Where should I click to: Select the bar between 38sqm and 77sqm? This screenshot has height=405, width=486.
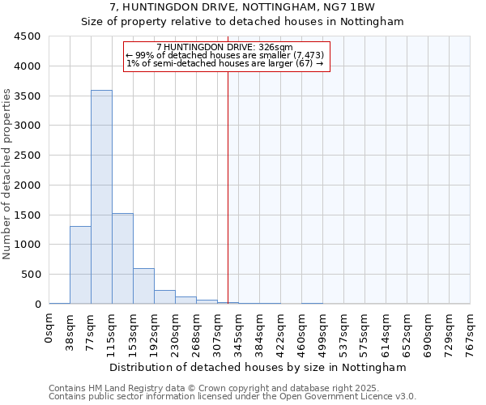click(80, 265)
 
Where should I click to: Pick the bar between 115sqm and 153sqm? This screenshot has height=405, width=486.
click(122, 258)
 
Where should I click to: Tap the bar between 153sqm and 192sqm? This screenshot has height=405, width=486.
click(143, 286)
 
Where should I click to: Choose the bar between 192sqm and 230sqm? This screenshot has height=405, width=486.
click(164, 296)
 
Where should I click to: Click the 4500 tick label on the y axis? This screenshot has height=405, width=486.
click(28, 36)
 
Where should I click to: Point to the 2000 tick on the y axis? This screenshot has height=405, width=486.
click(28, 185)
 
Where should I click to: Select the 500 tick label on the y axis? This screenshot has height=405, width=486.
click(31, 275)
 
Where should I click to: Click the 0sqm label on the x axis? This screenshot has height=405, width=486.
click(49, 331)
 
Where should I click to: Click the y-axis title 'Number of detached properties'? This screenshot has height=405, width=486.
click(8, 175)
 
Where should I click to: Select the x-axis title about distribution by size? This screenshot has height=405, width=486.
click(259, 367)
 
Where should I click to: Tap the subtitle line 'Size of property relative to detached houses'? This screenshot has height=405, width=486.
click(242, 22)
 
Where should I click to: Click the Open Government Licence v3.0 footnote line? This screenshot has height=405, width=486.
click(232, 397)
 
